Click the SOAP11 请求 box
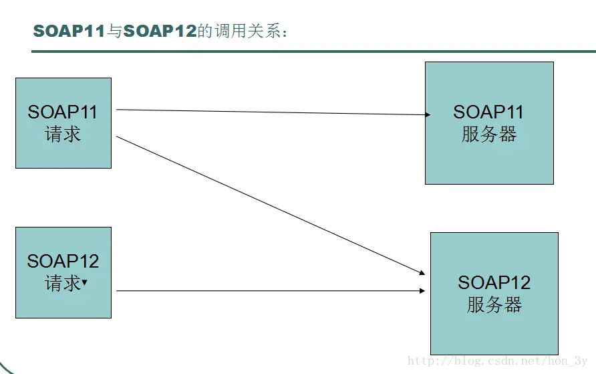pos(63,123)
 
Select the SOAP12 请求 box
pos(63,272)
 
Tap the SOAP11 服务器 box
pos(489,123)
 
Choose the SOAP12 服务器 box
pos(494,293)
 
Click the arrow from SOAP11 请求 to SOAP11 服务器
pos(273,112)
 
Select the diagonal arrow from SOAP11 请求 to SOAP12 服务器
pos(271,205)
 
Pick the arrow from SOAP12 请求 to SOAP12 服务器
pos(271,290)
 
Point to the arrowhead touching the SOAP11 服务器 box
pos(428,114)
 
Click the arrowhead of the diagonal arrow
pos(422,272)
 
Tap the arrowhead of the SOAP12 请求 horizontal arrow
pos(422,290)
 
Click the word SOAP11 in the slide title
pos(69,31)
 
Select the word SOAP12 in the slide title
pos(160,31)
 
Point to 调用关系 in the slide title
pos(247,31)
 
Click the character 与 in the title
pos(114,31)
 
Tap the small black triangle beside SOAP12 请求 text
pos(84,282)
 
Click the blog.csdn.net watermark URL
pos(498,361)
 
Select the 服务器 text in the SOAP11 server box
pos(489,134)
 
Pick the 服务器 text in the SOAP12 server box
pos(494,305)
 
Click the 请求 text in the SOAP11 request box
pos(63,134)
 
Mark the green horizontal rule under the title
pos(313,52)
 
